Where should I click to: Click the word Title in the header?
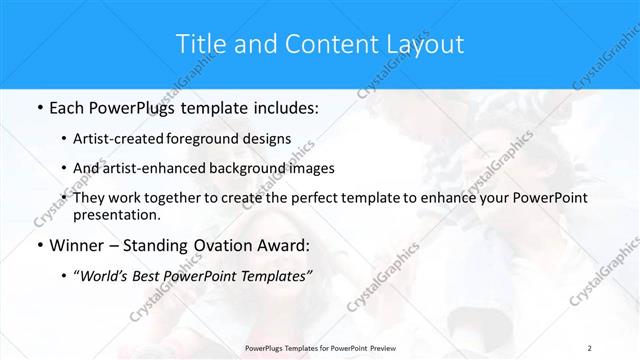click(x=199, y=44)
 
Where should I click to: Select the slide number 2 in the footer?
click(x=590, y=347)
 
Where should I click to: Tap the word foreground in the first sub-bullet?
click(x=208, y=138)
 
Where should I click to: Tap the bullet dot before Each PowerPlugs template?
click(x=38, y=106)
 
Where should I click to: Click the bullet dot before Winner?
click(x=38, y=245)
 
